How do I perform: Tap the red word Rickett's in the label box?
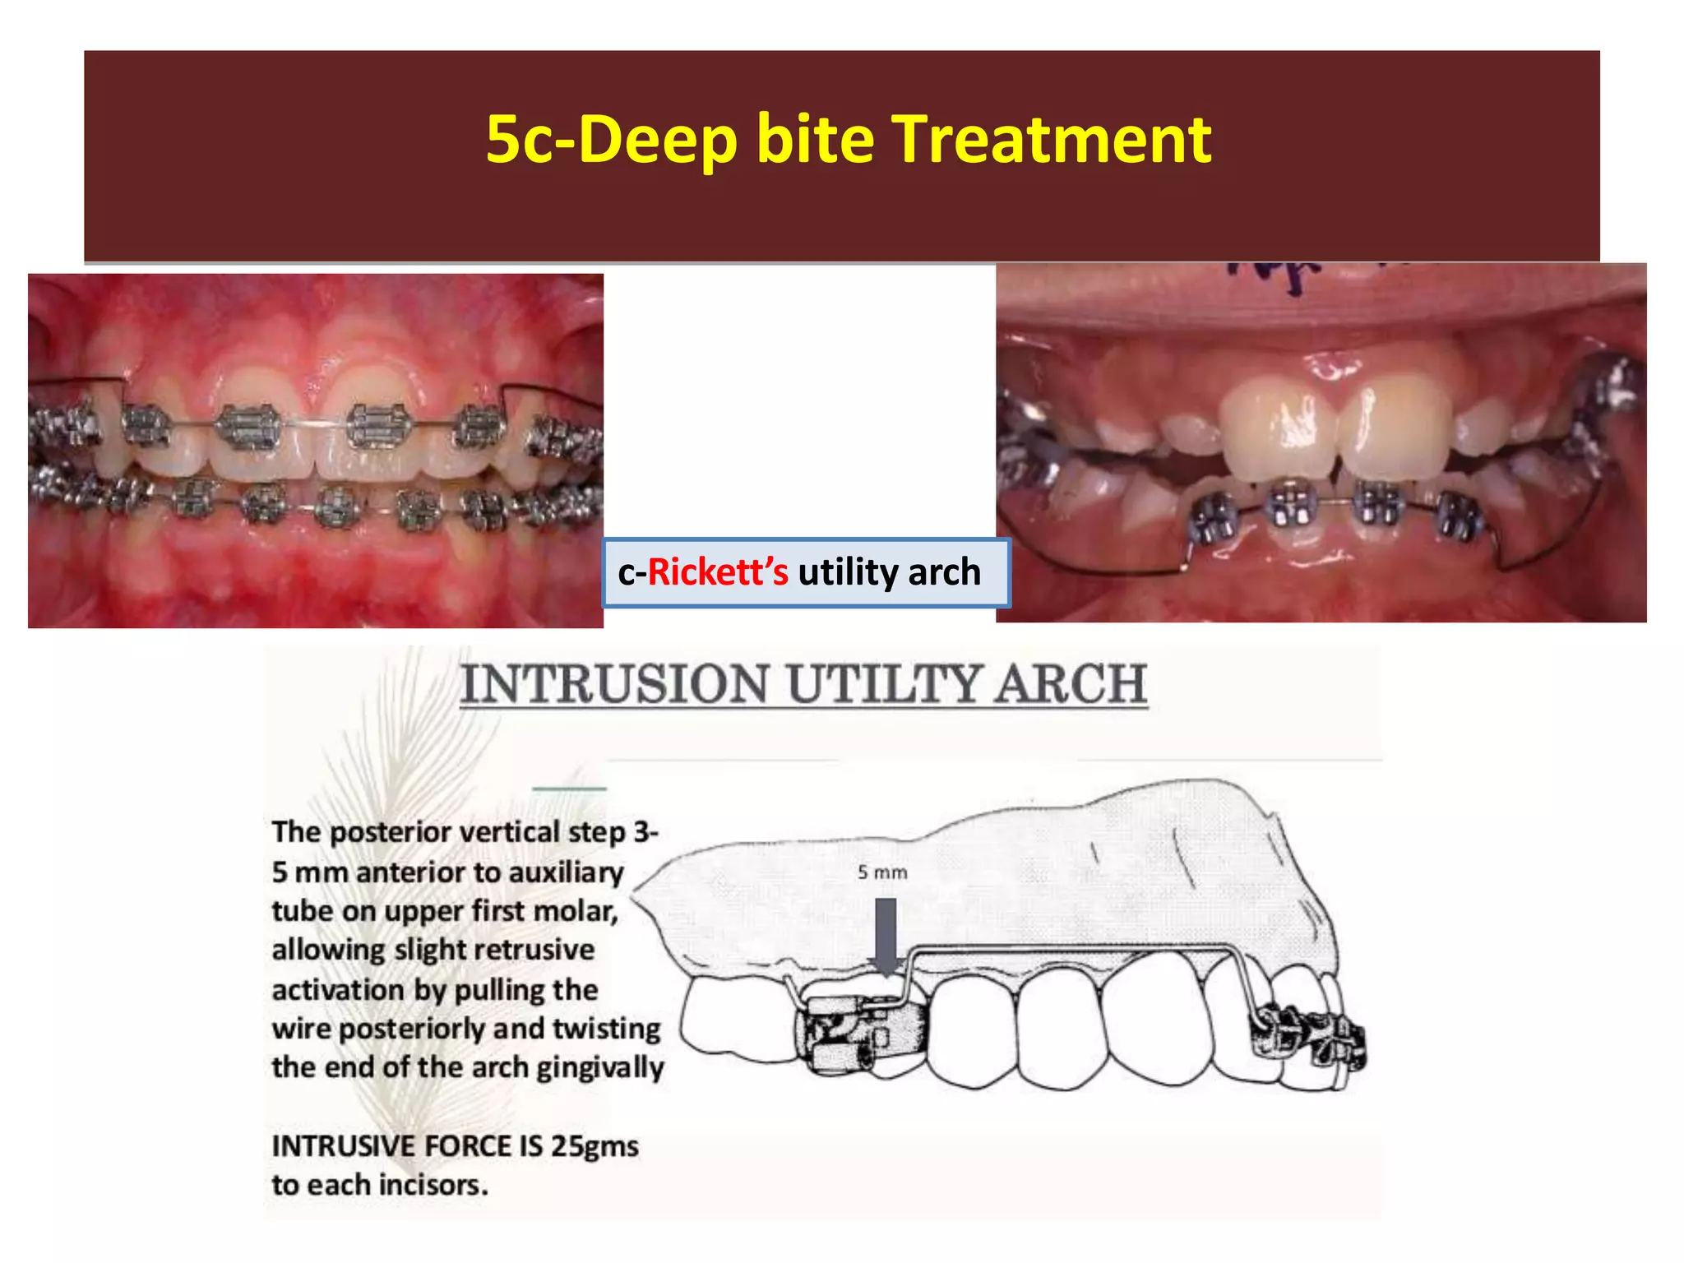coord(717,572)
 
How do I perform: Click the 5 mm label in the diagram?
coord(882,872)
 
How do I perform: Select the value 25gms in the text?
coord(594,1146)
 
